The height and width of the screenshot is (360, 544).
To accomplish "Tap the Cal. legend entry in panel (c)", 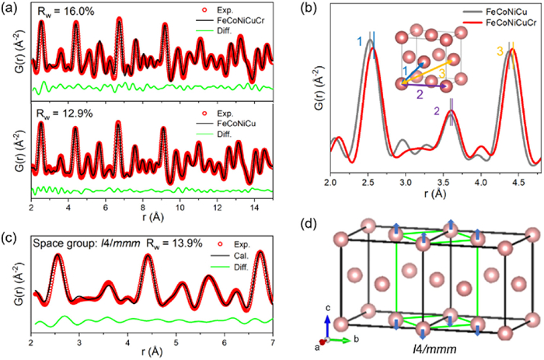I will pos(238,242).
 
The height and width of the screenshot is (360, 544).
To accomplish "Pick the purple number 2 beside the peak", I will pos(437,112).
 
